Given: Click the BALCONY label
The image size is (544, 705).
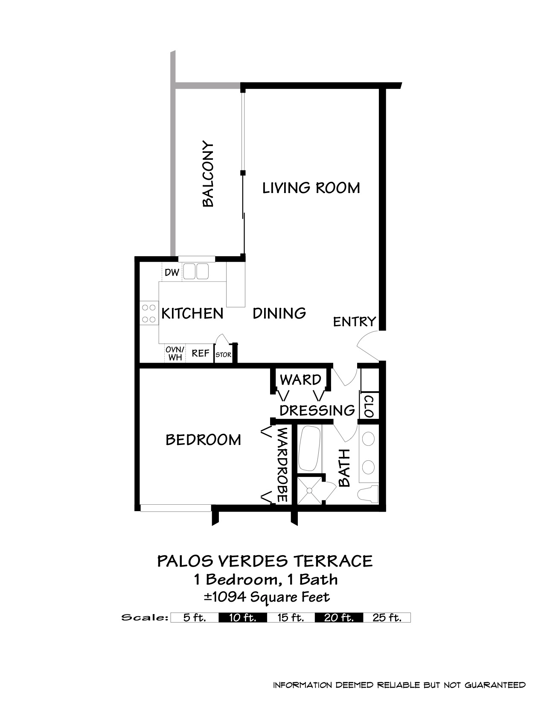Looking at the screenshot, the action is coord(208,174).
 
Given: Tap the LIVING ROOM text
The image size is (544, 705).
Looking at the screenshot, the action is coord(311,188).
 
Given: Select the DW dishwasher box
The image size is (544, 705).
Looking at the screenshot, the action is coord(172,272).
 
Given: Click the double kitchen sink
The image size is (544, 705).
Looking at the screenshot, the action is coord(195,271).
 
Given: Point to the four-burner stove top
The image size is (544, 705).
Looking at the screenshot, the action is coord(149,313).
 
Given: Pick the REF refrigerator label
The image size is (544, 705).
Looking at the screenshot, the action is coord(201,353).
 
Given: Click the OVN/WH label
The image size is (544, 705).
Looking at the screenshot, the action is coord(175,353).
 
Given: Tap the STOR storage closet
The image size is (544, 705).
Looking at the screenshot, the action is coord(224,354).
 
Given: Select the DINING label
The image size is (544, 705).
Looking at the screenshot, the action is coord(279,313).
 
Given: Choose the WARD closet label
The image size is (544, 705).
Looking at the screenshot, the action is coord(300,380).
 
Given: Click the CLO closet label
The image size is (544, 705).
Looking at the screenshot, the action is coord(369,406).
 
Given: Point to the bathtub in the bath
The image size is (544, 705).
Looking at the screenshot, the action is coord(310,449).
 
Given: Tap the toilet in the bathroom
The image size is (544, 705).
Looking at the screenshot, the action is coord(368,494).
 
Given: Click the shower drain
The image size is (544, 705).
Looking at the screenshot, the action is coord(309,490).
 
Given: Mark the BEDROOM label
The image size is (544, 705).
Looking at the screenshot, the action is coord(203,440).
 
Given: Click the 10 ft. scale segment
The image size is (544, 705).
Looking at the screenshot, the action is coord(243,617).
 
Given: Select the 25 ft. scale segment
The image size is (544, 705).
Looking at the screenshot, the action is coord(387,617).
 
